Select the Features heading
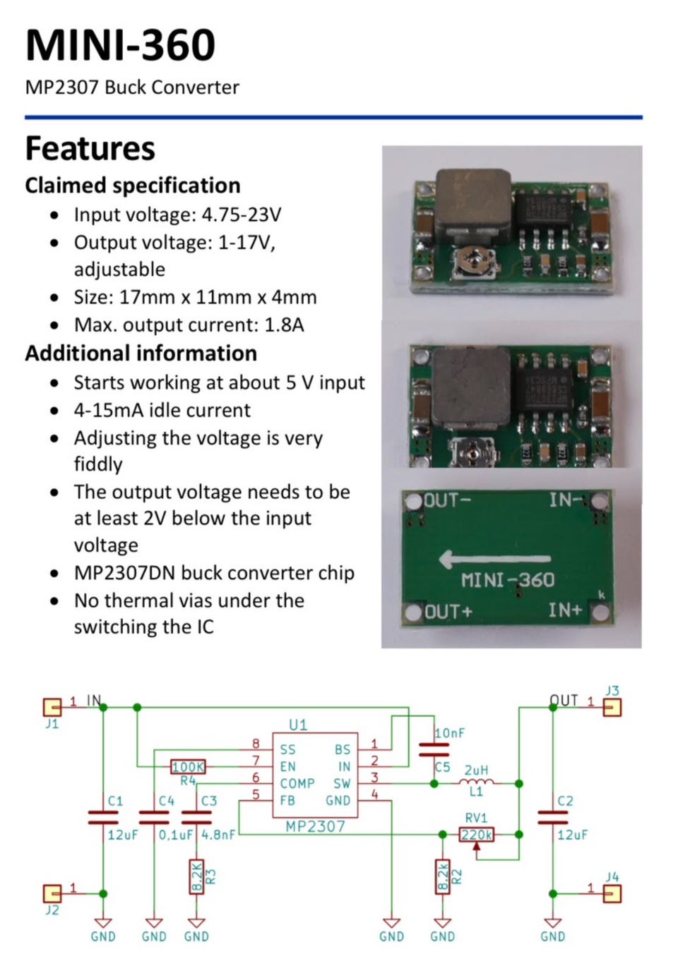click(x=90, y=149)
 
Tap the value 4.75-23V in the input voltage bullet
click(x=241, y=214)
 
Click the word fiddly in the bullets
click(x=98, y=464)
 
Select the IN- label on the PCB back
click(x=566, y=500)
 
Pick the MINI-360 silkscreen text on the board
click(x=508, y=581)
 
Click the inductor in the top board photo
click(x=472, y=204)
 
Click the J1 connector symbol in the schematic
click(x=52, y=707)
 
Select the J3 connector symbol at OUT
click(x=612, y=707)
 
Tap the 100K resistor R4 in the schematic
click(x=188, y=767)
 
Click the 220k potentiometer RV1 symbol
click(x=477, y=835)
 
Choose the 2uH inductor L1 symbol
click(x=477, y=782)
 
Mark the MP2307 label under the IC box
click(x=315, y=826)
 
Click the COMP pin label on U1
click(x=297, y=784)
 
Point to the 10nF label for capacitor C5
click(x=449, y=733)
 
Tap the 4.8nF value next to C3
click(x=218, y=835)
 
